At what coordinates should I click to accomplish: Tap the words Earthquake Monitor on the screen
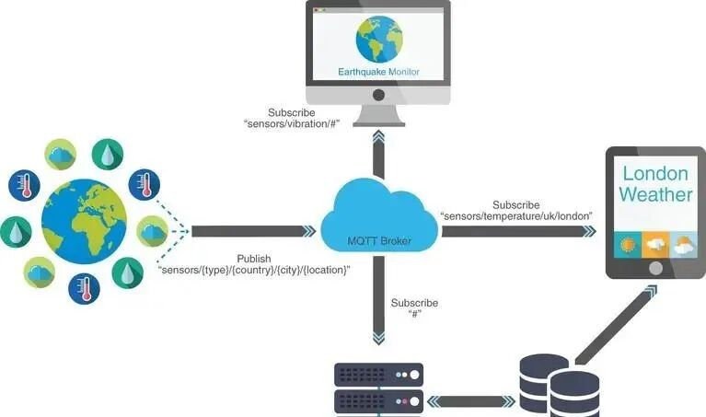tap(378, 71)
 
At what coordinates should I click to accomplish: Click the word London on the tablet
tap(655, 173)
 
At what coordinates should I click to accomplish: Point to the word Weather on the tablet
tap(655, 194)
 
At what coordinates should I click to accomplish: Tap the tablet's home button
tap(655, 269)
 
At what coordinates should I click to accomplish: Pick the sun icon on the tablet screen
tap(629, 245)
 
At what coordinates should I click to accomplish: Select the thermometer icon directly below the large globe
tap(84, 289)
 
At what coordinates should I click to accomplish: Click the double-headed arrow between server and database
tap(470, 400)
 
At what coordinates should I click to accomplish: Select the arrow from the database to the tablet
tap(616, 321)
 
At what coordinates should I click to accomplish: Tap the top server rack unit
tap(376, 374)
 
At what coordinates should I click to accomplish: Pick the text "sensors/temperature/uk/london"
tap(515, 215)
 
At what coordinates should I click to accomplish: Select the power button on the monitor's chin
tap(377, 95)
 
